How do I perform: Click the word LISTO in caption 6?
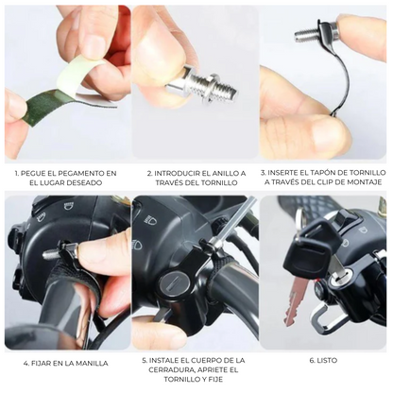click(326, 361)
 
